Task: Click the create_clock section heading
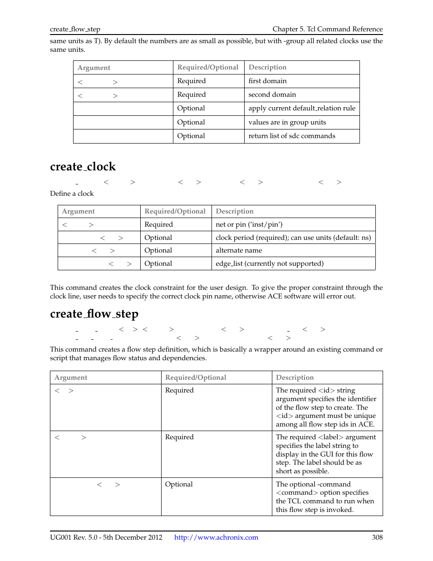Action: [83, 167]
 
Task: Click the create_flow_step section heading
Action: [94, 314]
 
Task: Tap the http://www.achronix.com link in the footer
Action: [216, 537]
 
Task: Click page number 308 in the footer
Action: [377, 537]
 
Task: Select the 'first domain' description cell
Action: [267, 81]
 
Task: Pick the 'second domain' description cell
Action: [272, 94]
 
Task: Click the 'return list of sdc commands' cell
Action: [291, 136]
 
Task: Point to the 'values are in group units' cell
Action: [287, 122]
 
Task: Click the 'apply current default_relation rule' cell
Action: [301, 108]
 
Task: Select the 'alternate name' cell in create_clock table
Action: [239, 250]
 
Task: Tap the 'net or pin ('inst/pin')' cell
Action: [249, 224]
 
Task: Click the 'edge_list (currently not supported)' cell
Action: [269, 263]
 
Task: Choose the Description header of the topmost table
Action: [267, 67]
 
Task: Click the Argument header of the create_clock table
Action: [78, 211]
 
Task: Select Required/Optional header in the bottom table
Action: [196, 377]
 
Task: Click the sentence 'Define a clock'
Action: [72, 194]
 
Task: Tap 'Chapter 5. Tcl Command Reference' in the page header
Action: [327, 29]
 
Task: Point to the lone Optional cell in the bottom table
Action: [179, 484]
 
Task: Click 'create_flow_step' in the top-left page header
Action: [75, 29]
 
